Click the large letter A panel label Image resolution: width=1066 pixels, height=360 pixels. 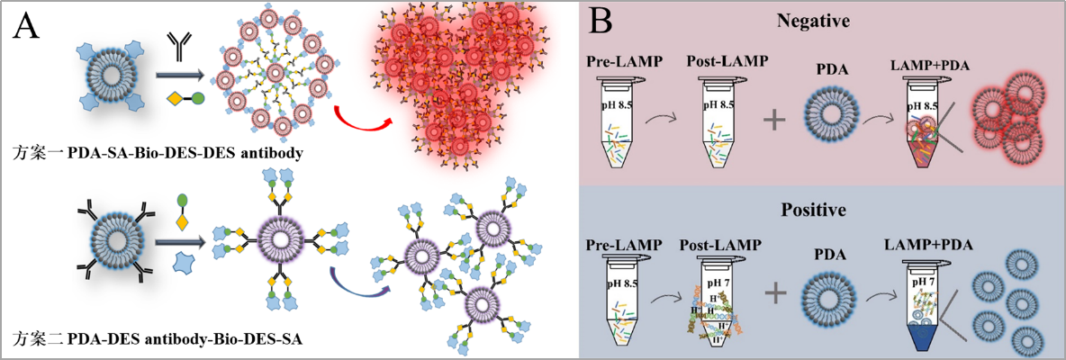pyautogui.click(x=27, y=27)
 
